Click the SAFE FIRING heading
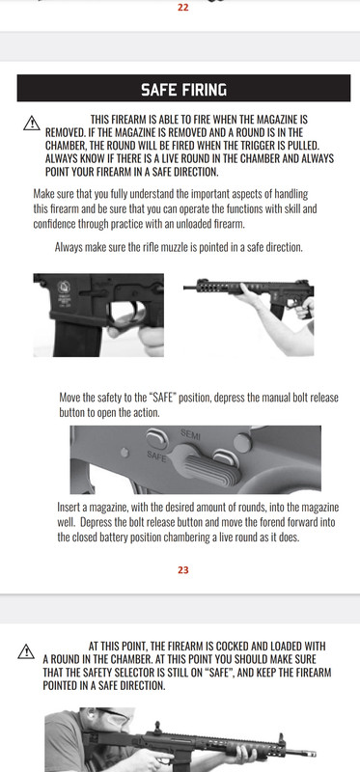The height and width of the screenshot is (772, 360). (x=183, y=90)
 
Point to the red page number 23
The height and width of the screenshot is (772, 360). (x=182, y=569)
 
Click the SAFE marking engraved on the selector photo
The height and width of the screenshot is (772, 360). (x=155, y=452)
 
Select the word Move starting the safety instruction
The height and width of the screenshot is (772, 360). (x=71, y=398)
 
